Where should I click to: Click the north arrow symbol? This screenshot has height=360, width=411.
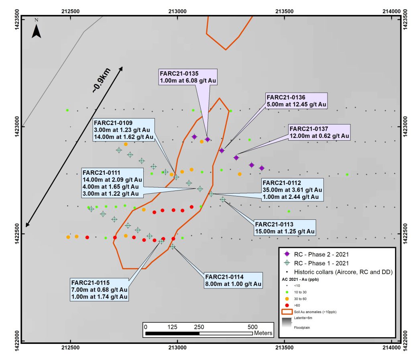click(37, 29)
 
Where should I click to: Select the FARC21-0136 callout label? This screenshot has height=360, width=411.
click(297, 101)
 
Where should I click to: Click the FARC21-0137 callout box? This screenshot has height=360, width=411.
click(319, 132)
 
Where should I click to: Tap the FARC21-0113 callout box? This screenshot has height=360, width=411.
click(285, 228)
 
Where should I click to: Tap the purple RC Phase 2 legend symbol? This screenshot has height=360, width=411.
click(287, 254)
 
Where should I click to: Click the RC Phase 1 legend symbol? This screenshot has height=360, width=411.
click(287, 263)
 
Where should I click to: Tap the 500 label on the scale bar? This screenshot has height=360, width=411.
click(252, 326)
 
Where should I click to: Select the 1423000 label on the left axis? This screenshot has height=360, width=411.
click(16, 127)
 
